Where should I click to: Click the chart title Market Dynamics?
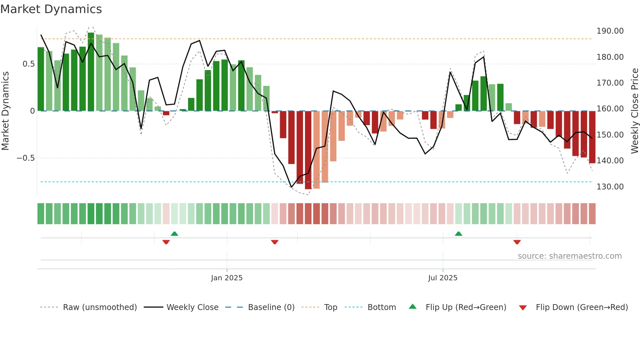51,9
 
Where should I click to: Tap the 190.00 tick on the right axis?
610,31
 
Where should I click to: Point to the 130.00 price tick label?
610,187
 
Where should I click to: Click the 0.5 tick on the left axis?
28,64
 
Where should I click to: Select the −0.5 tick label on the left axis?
25,158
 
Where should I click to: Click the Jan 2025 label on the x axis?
227,278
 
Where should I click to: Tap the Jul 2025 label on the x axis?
442,278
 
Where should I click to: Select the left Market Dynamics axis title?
5,111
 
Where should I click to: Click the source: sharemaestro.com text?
569,256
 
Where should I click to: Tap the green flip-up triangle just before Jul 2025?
458,234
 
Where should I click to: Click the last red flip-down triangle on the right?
517,242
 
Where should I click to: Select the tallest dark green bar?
91,72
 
